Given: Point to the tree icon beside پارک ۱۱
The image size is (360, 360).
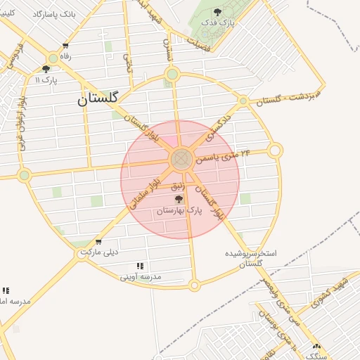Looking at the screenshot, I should pos(46,69).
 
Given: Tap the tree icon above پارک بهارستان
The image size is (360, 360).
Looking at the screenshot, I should pos(179,199).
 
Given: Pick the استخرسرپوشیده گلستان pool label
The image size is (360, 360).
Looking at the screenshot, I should pos(251,257).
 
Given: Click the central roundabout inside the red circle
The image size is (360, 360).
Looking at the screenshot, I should pos(181,159).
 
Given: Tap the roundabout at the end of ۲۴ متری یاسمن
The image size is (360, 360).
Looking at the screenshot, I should pos(275,150).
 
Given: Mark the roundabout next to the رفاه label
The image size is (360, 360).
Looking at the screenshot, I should pos(53,59).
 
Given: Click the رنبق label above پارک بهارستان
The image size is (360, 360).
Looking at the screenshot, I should pos(178,186).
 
